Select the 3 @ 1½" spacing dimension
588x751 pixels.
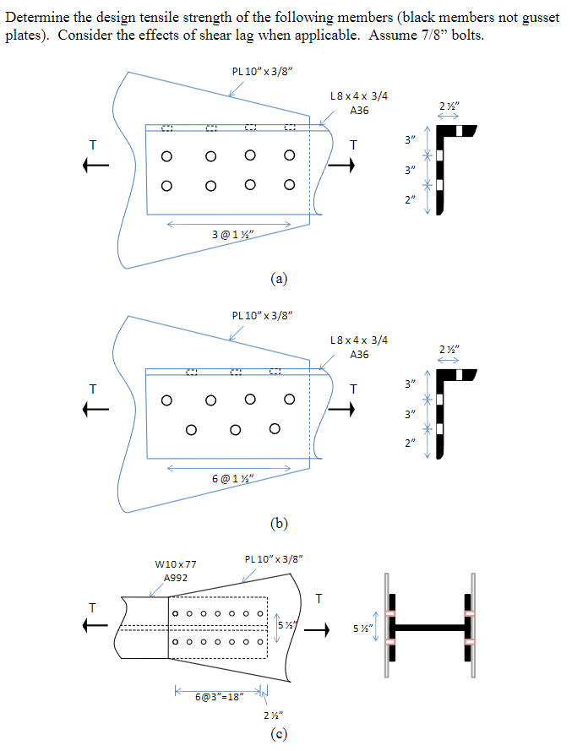pos(229,232)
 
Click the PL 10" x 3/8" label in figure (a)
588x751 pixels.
pos(262,70)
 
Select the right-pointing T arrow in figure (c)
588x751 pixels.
pos(318,629)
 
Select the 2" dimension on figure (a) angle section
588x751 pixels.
pos(411,199)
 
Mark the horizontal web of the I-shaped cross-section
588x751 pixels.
pos(429,628)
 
